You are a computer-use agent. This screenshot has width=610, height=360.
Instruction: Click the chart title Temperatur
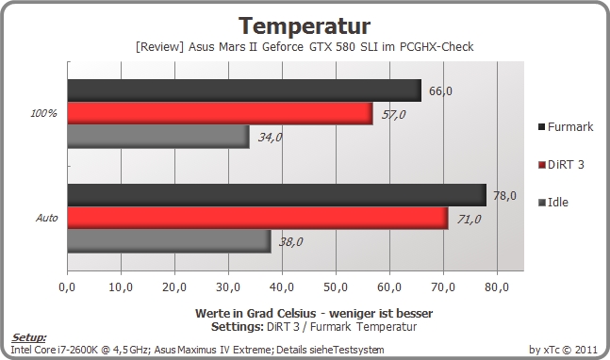[305, 26]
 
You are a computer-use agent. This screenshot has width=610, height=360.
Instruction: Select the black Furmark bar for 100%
[244, 90]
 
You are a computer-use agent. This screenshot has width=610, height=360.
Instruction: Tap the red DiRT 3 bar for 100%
[221, 113]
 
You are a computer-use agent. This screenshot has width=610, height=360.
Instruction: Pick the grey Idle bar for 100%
[158, 137]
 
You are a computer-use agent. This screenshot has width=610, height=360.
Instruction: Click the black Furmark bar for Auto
[277, 195]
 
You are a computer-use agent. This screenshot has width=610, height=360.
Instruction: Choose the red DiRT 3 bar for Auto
[258, 218]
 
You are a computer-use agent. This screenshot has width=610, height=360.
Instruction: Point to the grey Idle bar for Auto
[169, 241]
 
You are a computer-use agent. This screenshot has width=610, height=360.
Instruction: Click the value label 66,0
[440, 91]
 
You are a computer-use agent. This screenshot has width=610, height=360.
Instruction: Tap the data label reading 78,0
[504, 196]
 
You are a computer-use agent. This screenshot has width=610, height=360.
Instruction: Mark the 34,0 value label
[270, 138]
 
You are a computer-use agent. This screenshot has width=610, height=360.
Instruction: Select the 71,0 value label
[469, 220]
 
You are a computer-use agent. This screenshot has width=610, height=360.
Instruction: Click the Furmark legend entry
[566, 126]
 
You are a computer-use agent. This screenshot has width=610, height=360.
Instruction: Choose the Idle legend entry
[553, 203]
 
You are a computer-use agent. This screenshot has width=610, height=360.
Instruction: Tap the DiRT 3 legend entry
[561, 165]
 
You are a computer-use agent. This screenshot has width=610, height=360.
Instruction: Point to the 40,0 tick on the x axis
[282, 287]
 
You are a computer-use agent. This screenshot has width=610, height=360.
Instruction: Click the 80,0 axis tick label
[497, 287]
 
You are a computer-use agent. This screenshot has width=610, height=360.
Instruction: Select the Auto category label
[47, 218]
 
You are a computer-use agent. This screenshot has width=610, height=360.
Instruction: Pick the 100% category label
[43, 113]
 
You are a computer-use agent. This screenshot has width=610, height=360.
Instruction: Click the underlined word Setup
[28, 337]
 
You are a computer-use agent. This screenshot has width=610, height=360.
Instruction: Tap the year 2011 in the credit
[585, 350]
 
